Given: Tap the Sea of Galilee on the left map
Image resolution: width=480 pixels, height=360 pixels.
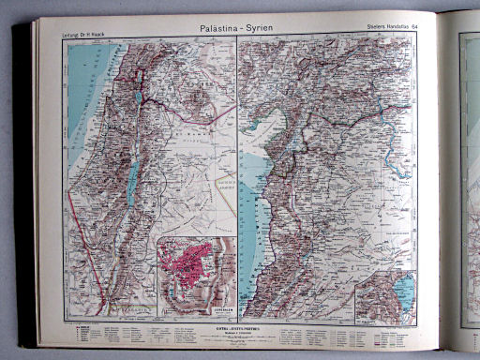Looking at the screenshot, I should pyautogui.click(x=140, y=97).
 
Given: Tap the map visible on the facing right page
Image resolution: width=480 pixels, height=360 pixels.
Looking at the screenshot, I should pyautogui.click(x=469, y=187).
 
